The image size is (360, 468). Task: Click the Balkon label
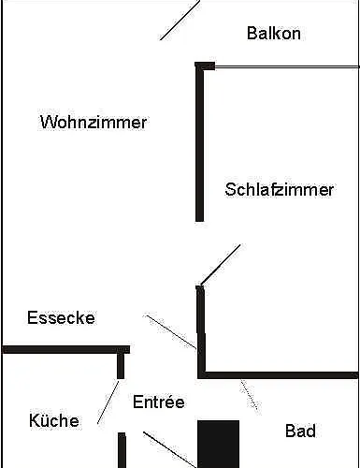(274, 34)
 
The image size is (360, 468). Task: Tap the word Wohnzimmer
(94, 122)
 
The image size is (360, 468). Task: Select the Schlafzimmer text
(279, 189)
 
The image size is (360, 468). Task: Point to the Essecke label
(61, 317)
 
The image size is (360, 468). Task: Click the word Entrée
(158, 402)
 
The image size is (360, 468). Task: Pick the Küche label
(53, 420)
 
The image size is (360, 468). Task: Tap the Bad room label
(300, 431)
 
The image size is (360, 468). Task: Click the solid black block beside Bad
(218, 443)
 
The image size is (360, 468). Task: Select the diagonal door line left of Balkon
(180, 20)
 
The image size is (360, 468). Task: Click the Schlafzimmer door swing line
(220, 265)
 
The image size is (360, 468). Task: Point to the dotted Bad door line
(250, 395)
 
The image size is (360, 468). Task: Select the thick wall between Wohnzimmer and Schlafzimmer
(199, 145)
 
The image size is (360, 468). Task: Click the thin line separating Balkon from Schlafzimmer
(285, 66)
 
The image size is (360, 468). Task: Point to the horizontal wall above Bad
(279, 375)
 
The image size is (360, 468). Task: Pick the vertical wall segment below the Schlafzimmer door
(200, 318)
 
